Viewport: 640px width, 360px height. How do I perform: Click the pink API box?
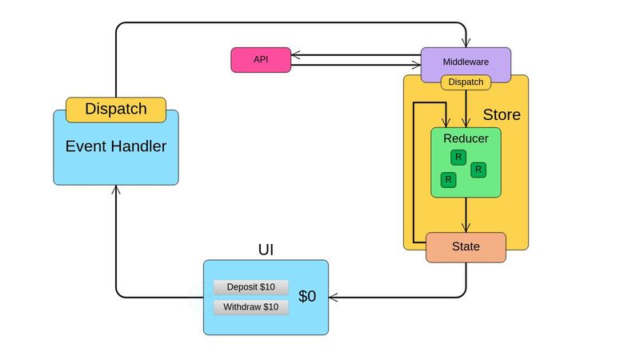pyautogui.click(x=260, y=60)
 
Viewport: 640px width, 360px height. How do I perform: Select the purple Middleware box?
pyautogui.click(x=466, y=62)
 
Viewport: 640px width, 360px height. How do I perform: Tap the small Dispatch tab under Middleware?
pyautogui.click(x=466, y=82)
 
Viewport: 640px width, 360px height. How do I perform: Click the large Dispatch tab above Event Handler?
pyautogui.click(x=116, y=110)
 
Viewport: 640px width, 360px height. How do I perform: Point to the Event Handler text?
pyautogui.click(x=116, y=146)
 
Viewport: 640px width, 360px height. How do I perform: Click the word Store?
pyautogui.click(x=502, y=115)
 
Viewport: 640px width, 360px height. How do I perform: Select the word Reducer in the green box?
pyautogui.click(x=466, y=138)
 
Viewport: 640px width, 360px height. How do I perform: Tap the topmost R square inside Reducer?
pyautogui.click(x=458, y=157)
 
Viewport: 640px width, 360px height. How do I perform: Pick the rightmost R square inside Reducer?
pyautogui.click(x=478, y=170)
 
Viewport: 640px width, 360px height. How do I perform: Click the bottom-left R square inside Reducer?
pyautogui.click(x=448, y=180)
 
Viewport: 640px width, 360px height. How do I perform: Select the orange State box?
pyautogui.click(x=466, y=247)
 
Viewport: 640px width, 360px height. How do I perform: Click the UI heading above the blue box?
pyautogui.click(x=266, y=250)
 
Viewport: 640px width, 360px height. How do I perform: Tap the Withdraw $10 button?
pyautogui.click(x=250, y=307)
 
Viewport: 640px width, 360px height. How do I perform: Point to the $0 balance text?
pyautogui.click(x=307, y=297)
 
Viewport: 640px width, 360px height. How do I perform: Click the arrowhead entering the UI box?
pyautogui.click(x=333, y=298)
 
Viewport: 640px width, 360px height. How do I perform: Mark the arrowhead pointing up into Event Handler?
pyautogui.click(x=116, y=190)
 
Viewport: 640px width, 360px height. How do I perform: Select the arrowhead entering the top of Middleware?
pyautogui.click(x=466, y=43)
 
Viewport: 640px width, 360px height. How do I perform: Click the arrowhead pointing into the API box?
pyautogui.click(x=295, y=56)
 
